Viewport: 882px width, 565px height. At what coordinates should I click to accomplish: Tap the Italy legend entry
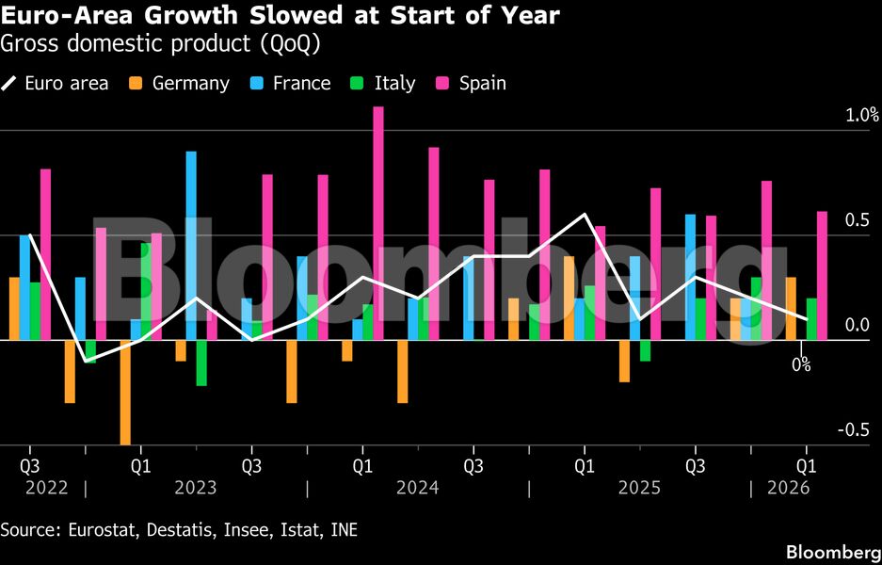393,83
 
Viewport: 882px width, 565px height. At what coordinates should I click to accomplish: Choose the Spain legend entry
482,83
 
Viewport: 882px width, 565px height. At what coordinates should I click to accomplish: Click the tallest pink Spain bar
378,223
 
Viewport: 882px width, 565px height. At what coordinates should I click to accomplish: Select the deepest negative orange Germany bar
124,392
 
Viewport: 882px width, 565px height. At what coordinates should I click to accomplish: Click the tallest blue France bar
191,245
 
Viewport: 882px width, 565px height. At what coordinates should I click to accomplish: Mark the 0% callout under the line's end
800,364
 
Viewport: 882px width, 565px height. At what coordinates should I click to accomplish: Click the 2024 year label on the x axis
417,488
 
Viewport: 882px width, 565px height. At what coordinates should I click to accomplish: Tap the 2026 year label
789,488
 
